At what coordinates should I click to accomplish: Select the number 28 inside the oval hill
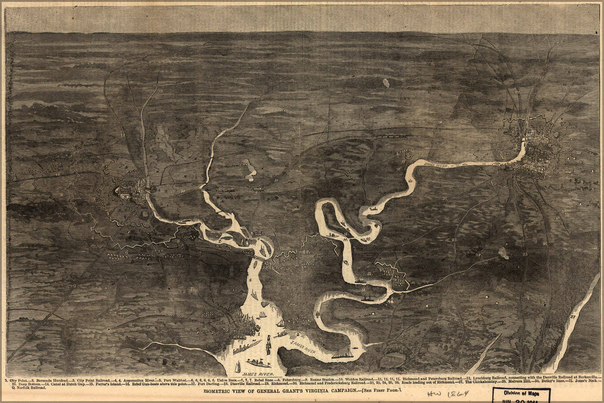[391, 360]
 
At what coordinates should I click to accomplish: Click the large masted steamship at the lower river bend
[343, 353]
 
